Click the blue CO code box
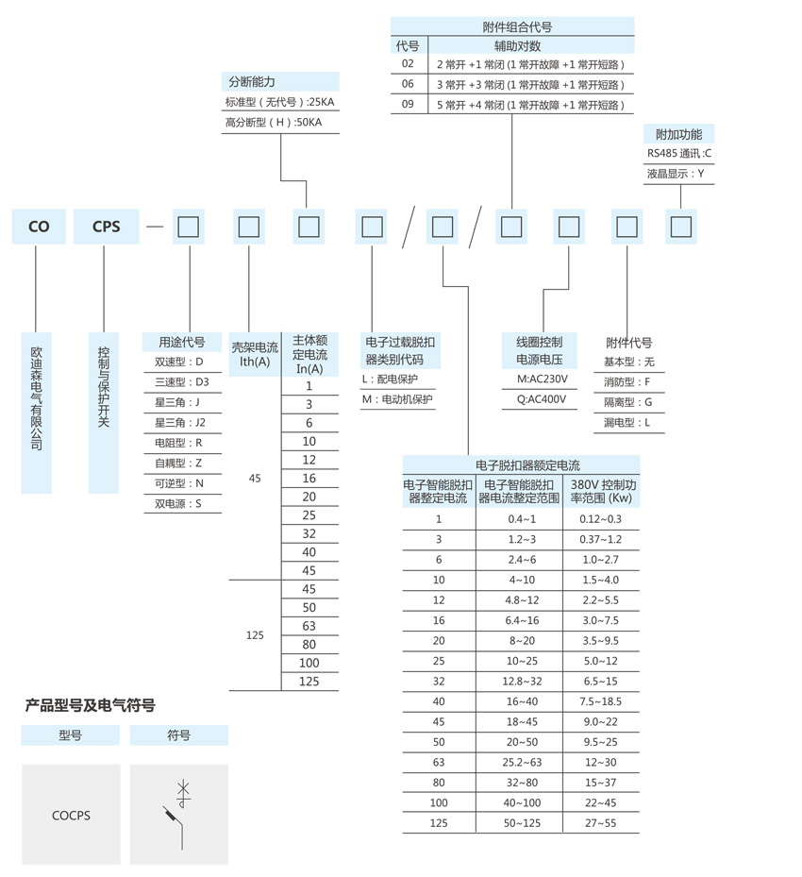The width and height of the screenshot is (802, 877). coord(38,227)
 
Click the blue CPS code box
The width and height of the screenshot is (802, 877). coord(106,227)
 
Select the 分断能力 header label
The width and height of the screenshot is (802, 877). coord(250,82)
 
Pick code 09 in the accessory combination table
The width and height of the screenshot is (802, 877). coord(408,105)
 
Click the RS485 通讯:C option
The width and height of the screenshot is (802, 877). coord(679,153)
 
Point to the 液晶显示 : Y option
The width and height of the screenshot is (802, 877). coord(676,174)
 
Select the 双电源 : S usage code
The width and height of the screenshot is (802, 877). coord(178,504)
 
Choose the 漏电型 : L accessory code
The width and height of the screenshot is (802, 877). coord(627,423)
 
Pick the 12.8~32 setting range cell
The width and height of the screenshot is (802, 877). coord(521,681)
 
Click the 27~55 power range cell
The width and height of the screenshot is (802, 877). coord(601,823)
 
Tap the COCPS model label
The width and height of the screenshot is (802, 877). coord(71,815)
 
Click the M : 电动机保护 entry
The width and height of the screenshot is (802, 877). coord(397,399)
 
